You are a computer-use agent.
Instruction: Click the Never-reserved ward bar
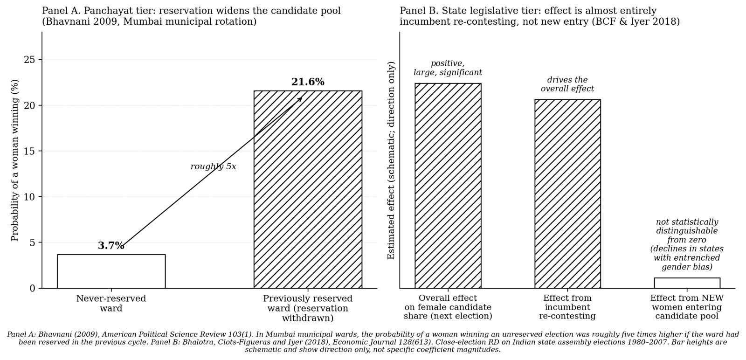point(111,271)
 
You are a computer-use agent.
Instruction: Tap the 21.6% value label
point(308,82)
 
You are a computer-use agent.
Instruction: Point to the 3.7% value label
point(111,246)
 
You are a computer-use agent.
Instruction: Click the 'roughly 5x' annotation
point(213,166)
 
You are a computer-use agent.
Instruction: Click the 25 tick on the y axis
point(29,60)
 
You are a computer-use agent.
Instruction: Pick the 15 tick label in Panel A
point(29,151)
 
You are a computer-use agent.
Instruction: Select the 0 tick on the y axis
point(32,288)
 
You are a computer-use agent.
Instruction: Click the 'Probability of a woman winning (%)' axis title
point(15,160)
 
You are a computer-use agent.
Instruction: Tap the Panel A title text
point(191,16)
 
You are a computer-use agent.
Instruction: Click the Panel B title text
point(539,16)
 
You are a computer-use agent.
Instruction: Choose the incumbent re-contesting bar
point(567,194)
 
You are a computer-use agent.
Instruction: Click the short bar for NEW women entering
point(687,283)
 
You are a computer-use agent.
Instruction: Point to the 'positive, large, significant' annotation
point(448,68)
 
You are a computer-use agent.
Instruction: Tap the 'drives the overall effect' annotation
point(567,84)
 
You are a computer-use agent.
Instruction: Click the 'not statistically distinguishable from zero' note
point(687,244)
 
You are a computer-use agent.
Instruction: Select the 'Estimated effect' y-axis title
point(392,160)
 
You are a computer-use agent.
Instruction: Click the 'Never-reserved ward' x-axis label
point(111,304)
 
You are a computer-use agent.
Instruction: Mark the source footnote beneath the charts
point(373,342)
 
